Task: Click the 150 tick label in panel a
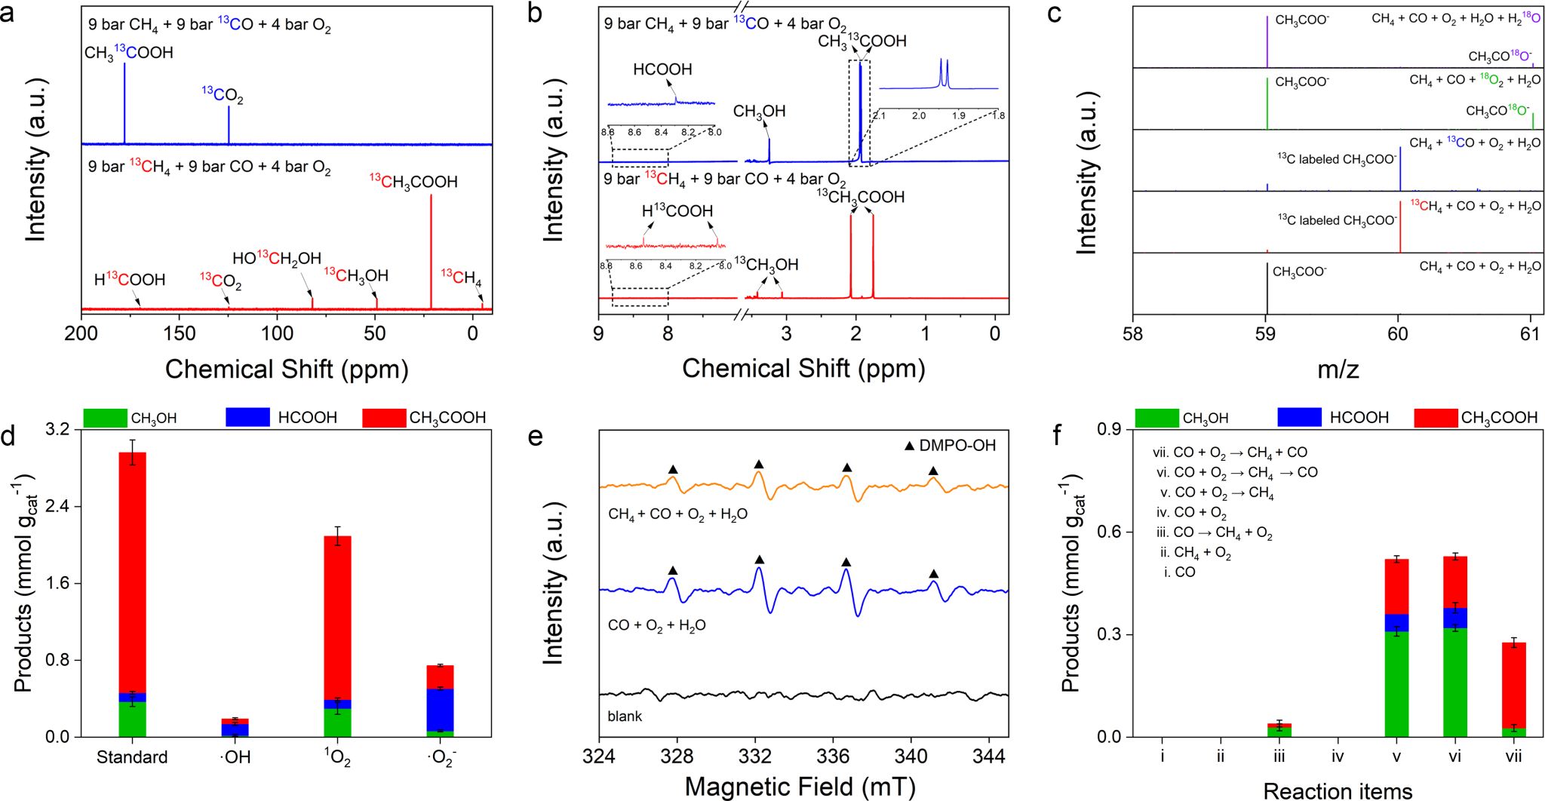180,333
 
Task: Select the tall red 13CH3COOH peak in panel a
432,249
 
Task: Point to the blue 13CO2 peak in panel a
229,124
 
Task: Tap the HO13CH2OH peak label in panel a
277,259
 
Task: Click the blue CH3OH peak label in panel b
759,112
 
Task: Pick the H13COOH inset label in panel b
677,211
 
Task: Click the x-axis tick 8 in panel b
668,333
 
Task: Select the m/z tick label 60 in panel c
1398,333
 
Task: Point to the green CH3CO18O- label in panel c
1498,111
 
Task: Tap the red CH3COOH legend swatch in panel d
384,417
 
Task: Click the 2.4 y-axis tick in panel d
57,506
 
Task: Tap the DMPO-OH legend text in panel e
957,446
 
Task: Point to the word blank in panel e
625,717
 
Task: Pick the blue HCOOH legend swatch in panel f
1299,417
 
